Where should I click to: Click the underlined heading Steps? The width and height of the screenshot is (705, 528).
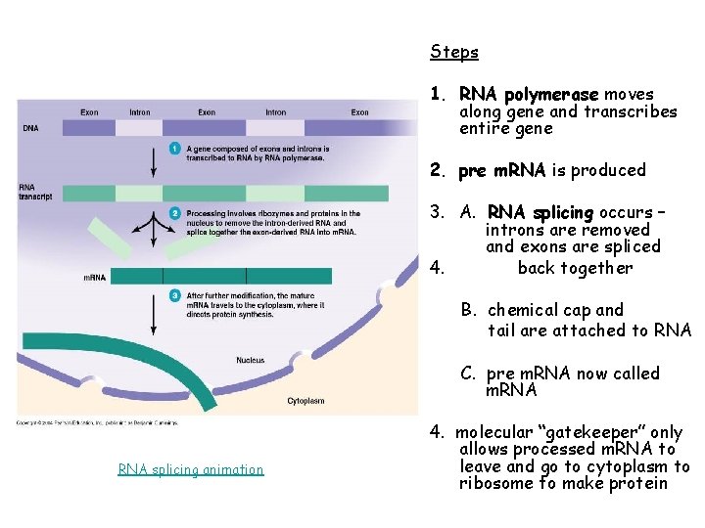[454, 52]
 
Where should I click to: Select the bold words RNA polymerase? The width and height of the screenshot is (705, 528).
[529, 95]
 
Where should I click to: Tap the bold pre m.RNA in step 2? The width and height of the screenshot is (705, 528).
[502, 170]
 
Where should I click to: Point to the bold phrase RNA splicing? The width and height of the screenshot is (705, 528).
[540, 212]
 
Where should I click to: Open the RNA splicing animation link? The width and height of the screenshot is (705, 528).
[191, 469]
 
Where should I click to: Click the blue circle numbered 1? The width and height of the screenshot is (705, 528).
[174, 149]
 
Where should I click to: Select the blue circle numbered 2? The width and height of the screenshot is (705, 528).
[174, 213]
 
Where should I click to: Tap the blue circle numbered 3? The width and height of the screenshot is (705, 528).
[174, 294]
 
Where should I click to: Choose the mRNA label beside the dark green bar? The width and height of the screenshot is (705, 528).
[94, 278]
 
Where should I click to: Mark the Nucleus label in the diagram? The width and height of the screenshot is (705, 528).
[250, 361]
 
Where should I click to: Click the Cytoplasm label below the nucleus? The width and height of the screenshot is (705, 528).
[306, 401]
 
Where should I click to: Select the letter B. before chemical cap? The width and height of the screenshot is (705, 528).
[470, 310]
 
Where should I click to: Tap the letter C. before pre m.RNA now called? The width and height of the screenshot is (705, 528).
[470, 374]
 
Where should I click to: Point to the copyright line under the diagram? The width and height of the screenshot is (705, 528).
[96, 422]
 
